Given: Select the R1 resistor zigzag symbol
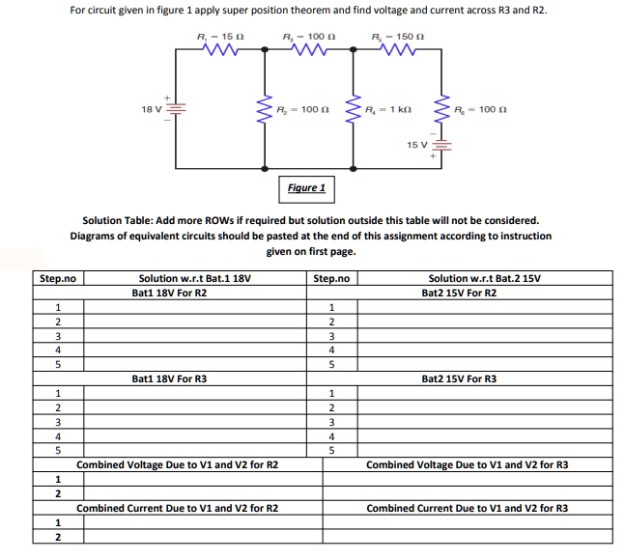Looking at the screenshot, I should coord(218,52).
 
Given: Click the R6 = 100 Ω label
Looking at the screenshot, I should coord(480,110).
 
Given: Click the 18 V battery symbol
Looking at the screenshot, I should coord(176,108).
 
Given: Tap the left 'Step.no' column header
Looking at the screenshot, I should coord(57,278).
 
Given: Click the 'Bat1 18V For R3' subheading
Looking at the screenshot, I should coord(169,378).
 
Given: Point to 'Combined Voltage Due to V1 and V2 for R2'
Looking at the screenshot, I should coord(177,464).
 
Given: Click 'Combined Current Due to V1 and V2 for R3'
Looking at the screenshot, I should coord(468,508).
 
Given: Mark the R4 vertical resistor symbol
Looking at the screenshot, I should coord(355,112).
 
